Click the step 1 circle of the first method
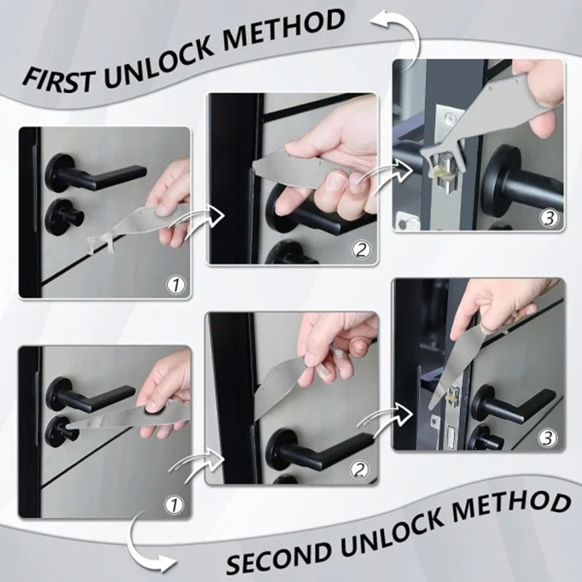[175, 284]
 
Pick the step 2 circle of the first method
[361, 250]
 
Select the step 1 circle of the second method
[175, 503]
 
